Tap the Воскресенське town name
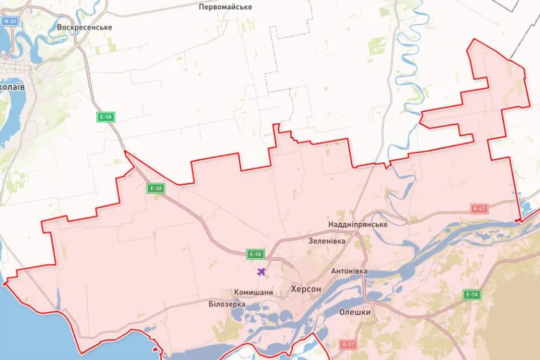(84, 27)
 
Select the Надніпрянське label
(358, 224)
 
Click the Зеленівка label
(327, 240)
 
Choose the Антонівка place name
(350, 271)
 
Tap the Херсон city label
(306, 289)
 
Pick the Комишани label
(253, 292)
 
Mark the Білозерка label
(226, 304)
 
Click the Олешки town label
(355, 311)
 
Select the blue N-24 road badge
(10, 21)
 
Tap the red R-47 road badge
(479, 208)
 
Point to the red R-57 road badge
(347, 344)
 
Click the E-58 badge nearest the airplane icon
(256, 254)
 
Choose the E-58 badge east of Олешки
(472, 295)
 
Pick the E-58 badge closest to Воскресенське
(105, 117)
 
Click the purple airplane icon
(262, 272)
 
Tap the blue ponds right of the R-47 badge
(525, 208)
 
